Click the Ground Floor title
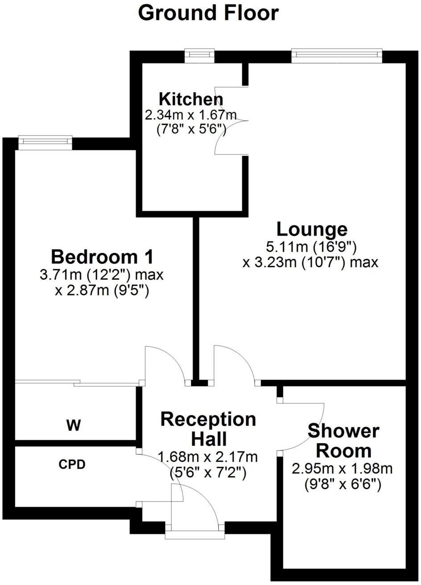tap(208, 13)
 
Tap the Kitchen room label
tap(191, 99)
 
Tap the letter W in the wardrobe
tap(74, 426)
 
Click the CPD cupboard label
tap(72, 465)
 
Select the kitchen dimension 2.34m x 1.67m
tap(190, 115)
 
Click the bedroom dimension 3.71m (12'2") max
tap(102, 274)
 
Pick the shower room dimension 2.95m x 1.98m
tap(342, 469)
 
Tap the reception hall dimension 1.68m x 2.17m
tap(208, 457)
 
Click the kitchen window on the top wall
tap(200, 54)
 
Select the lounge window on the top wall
tap(337, 54)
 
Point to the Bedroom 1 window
tap(45, 141)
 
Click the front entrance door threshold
tap(195, 534)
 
